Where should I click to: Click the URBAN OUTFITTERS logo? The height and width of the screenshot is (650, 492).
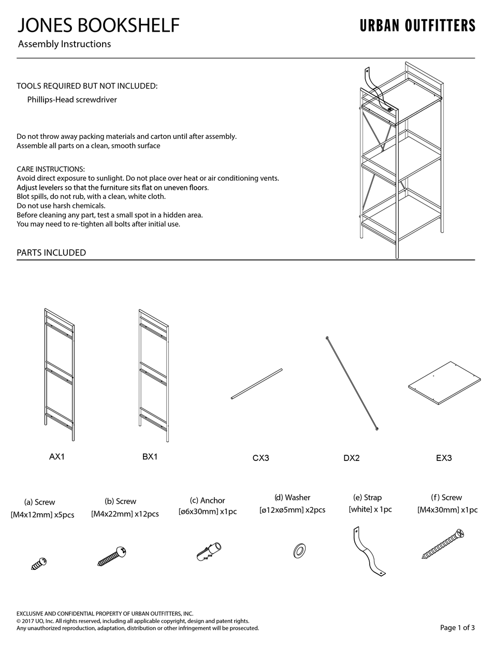[417, 26]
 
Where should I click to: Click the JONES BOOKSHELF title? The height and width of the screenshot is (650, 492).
[99, 25]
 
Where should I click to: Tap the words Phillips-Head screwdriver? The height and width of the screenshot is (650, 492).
[72, 99]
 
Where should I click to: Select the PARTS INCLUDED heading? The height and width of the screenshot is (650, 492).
[51, 253]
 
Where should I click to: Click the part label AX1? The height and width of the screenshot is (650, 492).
[57, 457]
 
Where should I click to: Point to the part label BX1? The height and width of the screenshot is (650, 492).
[150, 457]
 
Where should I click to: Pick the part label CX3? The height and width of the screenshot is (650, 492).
[261, 458]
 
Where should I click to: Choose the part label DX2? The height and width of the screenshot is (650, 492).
[351, 458]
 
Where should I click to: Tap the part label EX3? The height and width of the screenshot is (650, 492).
[444, 458]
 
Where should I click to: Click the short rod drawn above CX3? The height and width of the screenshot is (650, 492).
[257, 384]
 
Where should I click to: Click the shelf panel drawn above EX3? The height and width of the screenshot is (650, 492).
[444, 383]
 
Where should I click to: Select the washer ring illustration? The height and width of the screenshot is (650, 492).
[299, 551]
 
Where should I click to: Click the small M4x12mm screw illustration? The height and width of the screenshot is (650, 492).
[39, 564]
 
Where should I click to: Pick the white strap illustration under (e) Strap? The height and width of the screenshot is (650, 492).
[368, 551]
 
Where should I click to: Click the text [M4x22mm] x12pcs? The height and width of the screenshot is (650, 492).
[125, 514]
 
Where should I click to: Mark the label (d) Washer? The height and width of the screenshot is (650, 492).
[292, 497]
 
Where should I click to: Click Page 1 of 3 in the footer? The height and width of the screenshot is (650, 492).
[457, 628]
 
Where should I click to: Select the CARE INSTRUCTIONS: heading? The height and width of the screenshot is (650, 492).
[51, 169]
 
